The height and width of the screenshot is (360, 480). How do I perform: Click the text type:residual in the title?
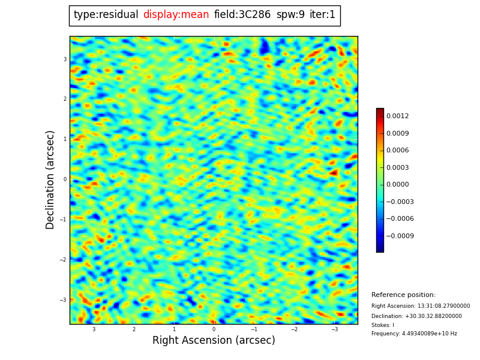point(106,15)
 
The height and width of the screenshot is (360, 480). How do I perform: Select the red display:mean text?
point(176,15)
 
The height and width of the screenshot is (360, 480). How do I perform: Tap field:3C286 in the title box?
point(242,15)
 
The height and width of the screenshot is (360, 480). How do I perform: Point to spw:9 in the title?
point(290,15)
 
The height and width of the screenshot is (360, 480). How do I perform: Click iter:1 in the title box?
point(322,15)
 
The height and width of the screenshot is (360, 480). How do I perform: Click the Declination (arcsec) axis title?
point(50,179)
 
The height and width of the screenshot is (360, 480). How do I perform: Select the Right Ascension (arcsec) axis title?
point(214,341)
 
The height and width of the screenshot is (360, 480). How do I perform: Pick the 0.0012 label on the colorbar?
point(397,116)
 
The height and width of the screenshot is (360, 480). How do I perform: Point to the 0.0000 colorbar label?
point(397,185)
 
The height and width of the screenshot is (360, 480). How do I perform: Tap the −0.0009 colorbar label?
point(400,236)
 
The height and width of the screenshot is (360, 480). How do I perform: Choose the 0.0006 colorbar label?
point(397,151)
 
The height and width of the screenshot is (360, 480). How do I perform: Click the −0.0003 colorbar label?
point(400,202)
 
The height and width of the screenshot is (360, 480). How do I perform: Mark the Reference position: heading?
point(403,295)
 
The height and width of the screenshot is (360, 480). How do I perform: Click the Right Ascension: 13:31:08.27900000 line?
point(421,306)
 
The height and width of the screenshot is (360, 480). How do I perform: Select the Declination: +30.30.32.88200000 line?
point(416,316)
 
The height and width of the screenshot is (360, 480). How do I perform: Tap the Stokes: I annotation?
point(383,325)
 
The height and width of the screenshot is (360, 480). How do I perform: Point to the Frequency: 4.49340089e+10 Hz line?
point(414,334)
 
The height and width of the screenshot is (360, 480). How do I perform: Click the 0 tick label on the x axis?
point(214,329)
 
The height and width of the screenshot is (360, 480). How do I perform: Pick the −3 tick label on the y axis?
point(64,300)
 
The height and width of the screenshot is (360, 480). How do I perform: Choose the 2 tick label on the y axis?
point(65,99)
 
